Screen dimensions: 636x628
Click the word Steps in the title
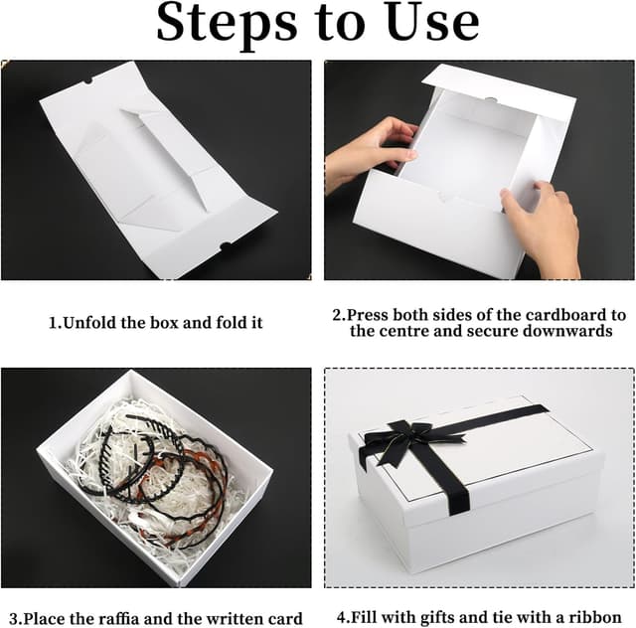pos(228,23)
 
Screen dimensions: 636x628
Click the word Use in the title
pos(433,22)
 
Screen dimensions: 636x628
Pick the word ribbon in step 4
pos(594,617)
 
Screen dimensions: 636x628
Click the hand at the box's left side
pos(369,152)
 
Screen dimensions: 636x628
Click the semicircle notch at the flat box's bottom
pos(226,245)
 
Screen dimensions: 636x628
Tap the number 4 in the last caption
pos(342,617)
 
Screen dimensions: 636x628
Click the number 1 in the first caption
pos(53,323)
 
